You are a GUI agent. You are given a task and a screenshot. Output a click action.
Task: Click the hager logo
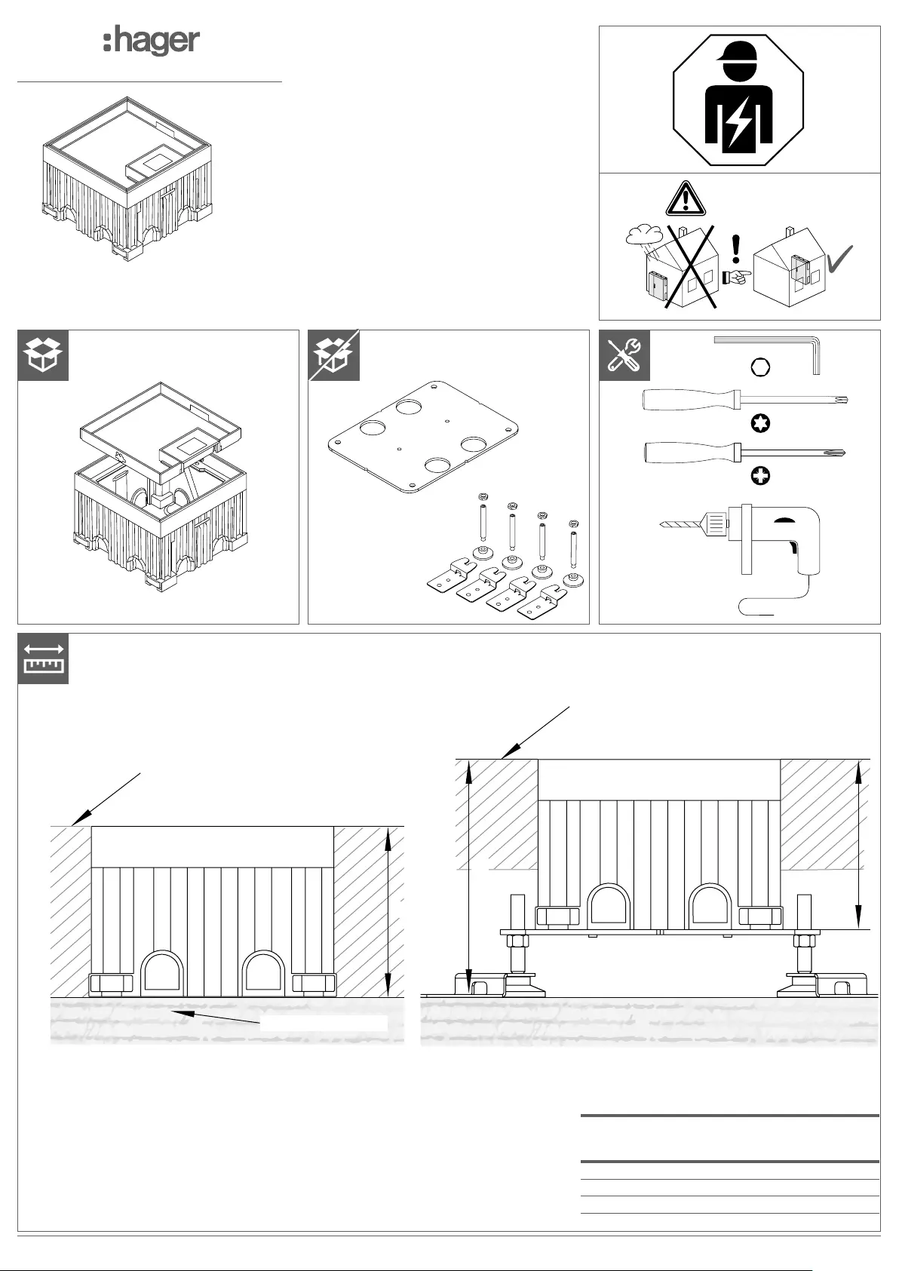(152, 41)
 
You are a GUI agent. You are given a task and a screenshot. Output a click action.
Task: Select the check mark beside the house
(840, 259)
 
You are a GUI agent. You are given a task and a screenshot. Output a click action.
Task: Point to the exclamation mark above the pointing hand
(736, 250)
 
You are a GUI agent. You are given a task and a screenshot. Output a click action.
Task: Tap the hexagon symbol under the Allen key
(761, 367)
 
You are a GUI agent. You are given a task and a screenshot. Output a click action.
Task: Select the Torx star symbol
(761, 423)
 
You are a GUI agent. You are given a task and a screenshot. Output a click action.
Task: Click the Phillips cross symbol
(761, 476)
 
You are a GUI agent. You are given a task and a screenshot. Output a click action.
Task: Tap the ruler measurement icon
(43, 659)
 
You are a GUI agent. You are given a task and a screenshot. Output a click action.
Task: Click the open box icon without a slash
(43, 355)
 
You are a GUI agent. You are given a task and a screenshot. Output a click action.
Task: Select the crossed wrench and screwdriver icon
(624, 355)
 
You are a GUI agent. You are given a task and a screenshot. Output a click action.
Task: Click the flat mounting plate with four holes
(423, 438)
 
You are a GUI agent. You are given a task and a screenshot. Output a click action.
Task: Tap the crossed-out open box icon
(334, 355)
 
